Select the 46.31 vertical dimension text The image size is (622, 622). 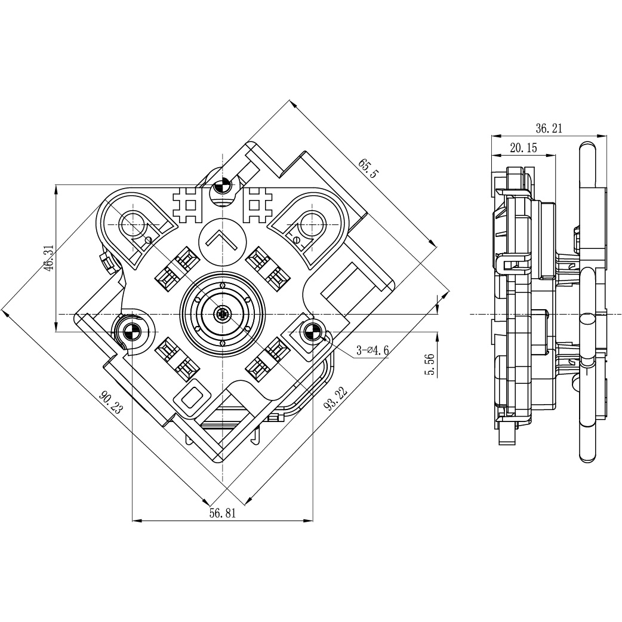coord(49,258)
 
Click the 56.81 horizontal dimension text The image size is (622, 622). coord(223,513)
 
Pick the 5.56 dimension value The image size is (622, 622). coord(430,364)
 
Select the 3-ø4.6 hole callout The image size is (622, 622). coord(372,350)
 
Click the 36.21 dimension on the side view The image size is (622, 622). coord(549,128)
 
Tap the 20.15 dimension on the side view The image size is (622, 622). coord(524,148)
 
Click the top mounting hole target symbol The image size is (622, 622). coord(222,185)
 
